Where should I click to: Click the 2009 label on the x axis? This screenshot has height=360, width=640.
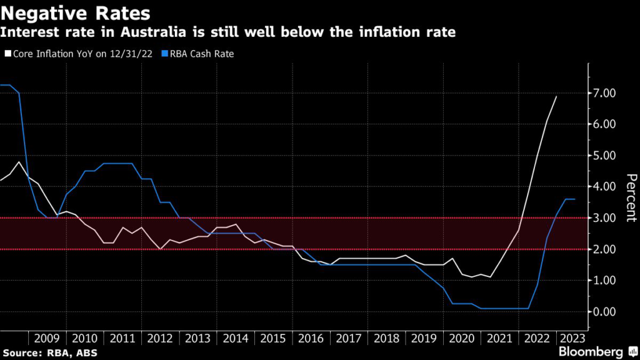(47, 338)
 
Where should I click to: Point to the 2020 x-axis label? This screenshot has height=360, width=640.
(462, 338)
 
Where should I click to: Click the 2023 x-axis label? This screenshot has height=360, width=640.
(571, 338)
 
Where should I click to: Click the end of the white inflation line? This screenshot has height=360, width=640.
(556, 96)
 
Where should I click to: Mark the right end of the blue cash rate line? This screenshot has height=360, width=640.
(575, 199)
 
